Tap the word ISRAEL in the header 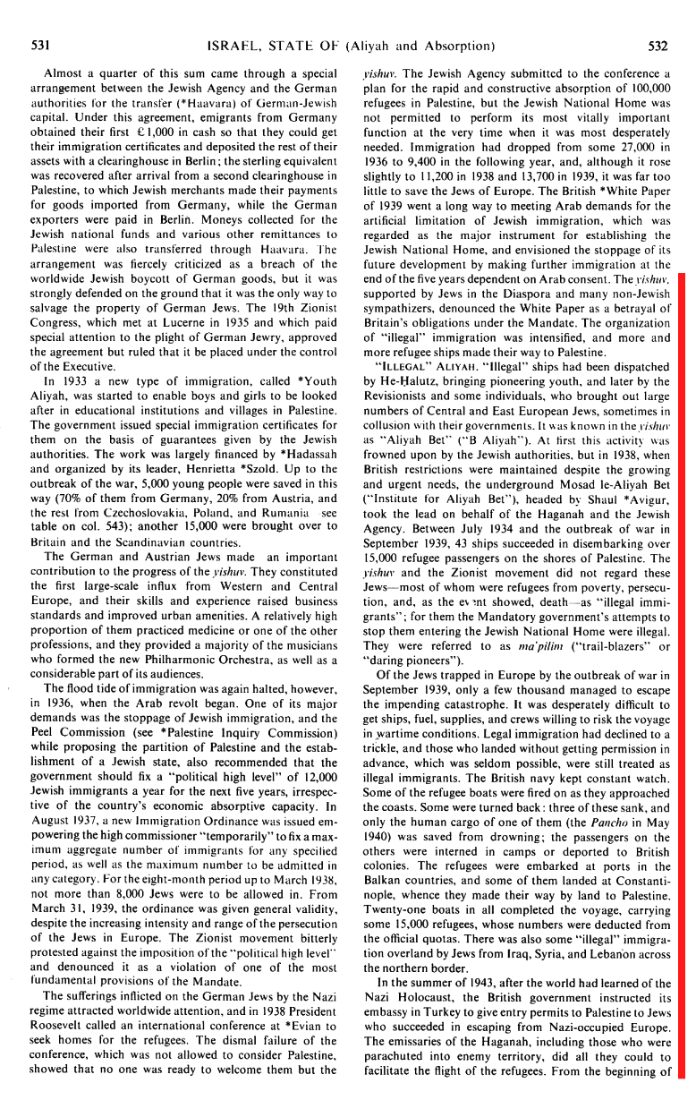233,45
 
